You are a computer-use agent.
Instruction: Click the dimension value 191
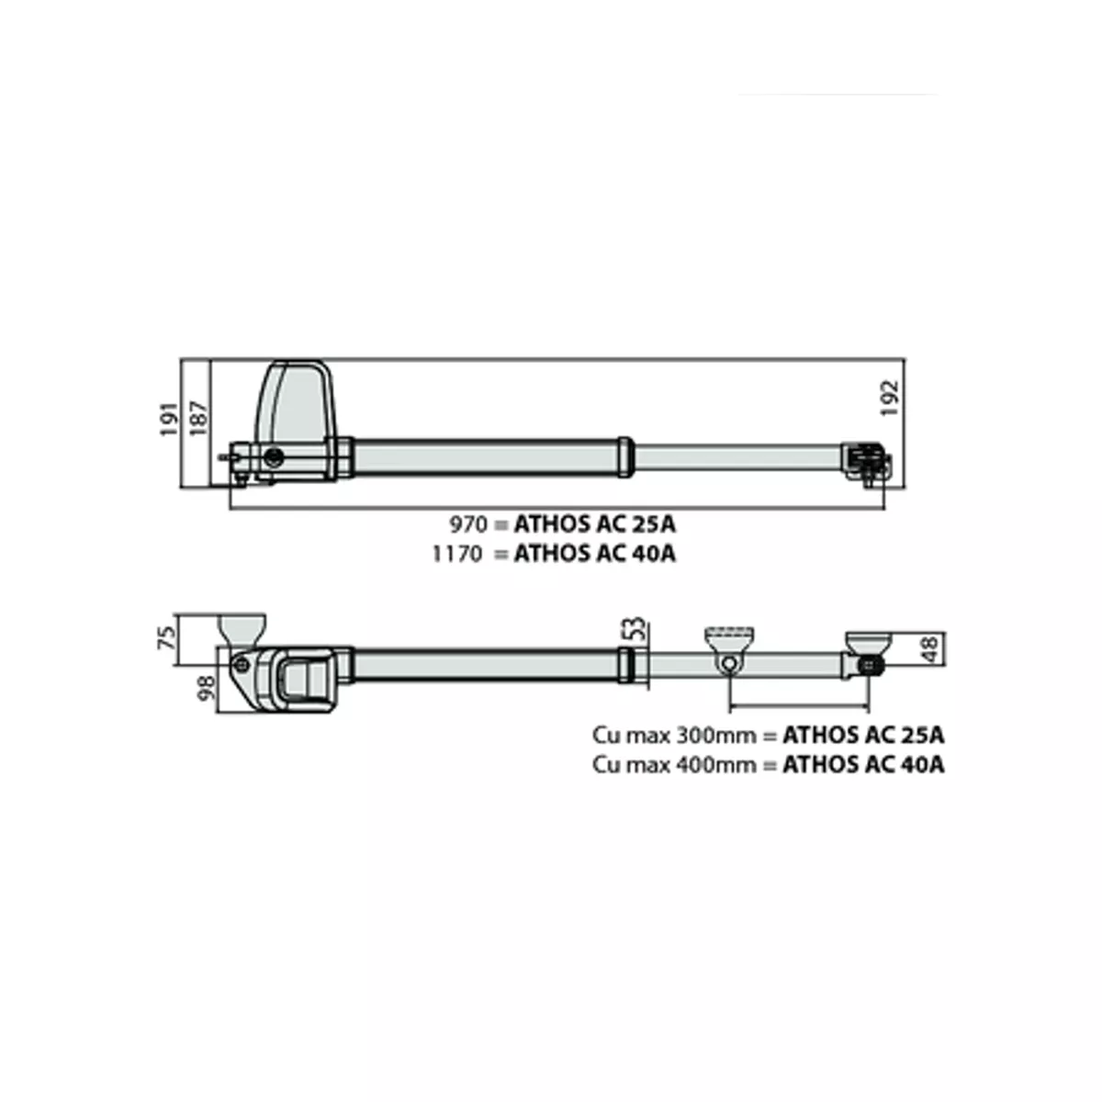point(169,419)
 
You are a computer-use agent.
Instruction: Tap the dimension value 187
point(199,419)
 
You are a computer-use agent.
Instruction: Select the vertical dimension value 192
point(891,399)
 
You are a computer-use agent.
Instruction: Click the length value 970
point(468,523)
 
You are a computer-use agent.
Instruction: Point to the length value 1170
point(458,554)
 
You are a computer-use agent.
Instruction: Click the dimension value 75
point(166,637)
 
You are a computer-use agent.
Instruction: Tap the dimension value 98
point(206,687)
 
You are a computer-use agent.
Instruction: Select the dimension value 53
point(635,628)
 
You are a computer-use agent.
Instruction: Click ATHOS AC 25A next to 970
point(595,523)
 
